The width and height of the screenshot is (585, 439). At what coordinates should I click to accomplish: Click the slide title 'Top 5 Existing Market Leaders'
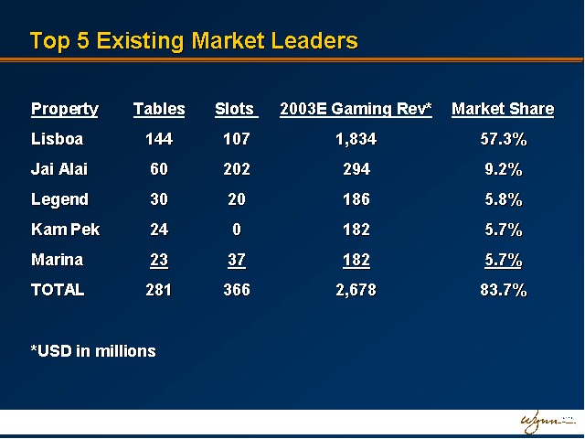(193, 41)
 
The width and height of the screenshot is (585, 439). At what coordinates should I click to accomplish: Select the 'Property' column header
(64, 110)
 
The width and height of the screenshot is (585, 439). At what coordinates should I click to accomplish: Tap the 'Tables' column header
(159, 110)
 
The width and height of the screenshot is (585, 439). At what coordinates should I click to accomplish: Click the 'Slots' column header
(236, 110)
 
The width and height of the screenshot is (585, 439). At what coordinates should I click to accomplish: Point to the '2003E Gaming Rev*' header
(356, 110)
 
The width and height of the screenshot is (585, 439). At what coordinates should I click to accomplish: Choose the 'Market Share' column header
(502, 110)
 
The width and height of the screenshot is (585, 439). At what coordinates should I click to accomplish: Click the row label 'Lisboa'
(58, 140)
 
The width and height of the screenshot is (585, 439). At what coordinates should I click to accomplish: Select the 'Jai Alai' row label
(60, 170)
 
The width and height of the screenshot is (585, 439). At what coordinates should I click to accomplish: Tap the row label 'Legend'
(60, 199)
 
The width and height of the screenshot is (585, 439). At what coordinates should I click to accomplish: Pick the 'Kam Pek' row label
(65, 230)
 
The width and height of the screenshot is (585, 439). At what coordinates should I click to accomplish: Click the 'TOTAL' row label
(58, 290)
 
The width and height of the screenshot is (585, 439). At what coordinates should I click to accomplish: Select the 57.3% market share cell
(503, 140)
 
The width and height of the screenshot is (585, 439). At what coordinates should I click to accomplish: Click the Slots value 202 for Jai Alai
(236, 170)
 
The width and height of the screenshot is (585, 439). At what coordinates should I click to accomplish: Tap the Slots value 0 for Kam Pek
(236, 230)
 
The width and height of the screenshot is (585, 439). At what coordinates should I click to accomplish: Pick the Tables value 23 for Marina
(159, 260)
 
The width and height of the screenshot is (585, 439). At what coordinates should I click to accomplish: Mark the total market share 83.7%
(503, 290)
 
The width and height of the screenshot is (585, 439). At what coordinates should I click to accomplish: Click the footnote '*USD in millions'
(93, 351)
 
